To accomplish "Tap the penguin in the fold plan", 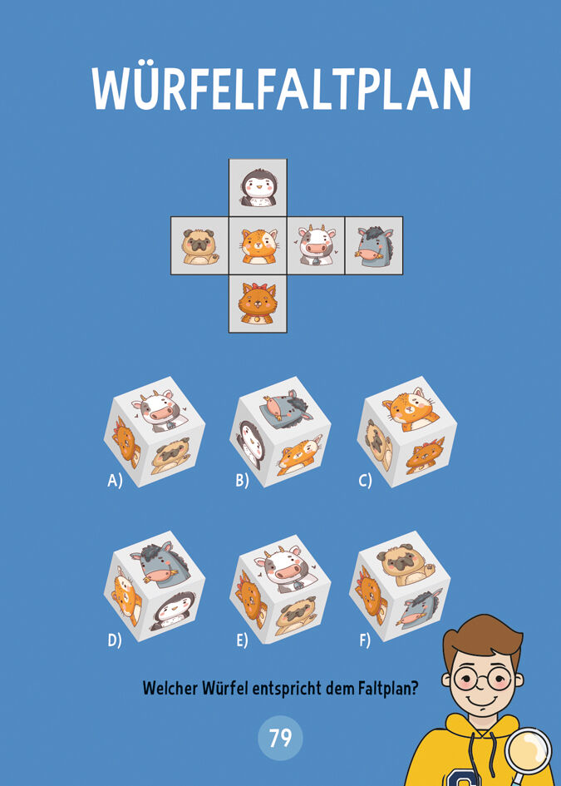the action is (x=258, y=188).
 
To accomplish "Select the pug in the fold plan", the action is (x=199, y=246).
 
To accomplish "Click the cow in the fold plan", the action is (x=316, y=245).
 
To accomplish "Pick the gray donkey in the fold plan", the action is (x=374, y=246).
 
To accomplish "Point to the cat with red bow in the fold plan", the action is (x=258, y=304).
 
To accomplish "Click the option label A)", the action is (x=115, y=482).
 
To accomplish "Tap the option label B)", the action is (x=243, y=482).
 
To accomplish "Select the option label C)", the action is (x=365, y=482).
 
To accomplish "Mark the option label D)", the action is (x=115, y=640).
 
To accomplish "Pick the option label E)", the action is (x=243, y=640).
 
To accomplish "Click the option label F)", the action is (x=365, y=640).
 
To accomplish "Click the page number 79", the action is (x=281, y=739).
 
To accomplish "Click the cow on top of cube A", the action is (x=157, y=410).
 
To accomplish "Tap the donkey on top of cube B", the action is (x=286, y=406).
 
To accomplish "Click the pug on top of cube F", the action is (x=405, y=564).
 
